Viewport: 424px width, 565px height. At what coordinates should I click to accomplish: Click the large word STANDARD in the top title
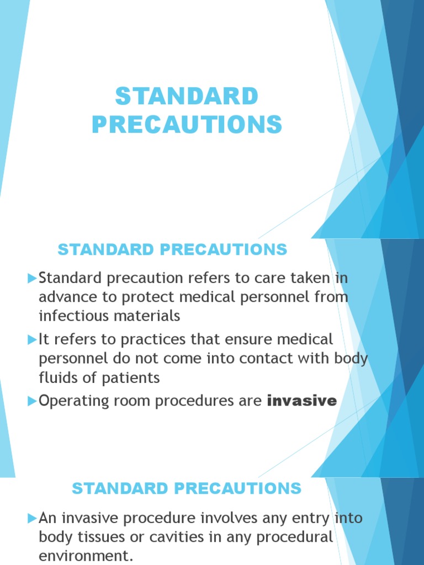[x=187, y=97]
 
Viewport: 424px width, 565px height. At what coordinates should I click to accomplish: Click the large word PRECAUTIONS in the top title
[x=187, y=124]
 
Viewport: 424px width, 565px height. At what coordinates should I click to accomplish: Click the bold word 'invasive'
[x=301, y=401]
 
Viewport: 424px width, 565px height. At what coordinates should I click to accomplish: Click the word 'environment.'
[x=86, y=556]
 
